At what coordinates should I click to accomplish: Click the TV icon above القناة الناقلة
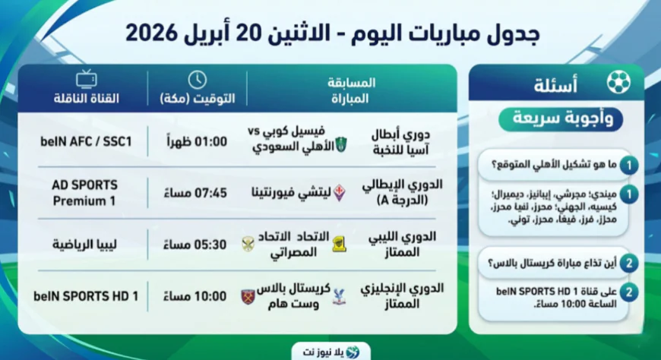pos(86,80)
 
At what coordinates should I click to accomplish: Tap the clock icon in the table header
pos(197,80)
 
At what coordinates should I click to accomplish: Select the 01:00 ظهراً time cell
pos(197,141)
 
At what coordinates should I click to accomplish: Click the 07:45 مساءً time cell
pos(197,192)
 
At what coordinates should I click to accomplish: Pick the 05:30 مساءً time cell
pos(197,245)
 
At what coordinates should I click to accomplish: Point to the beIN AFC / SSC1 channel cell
pos(86,141)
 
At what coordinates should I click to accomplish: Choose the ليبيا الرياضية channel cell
pos(86,245)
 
